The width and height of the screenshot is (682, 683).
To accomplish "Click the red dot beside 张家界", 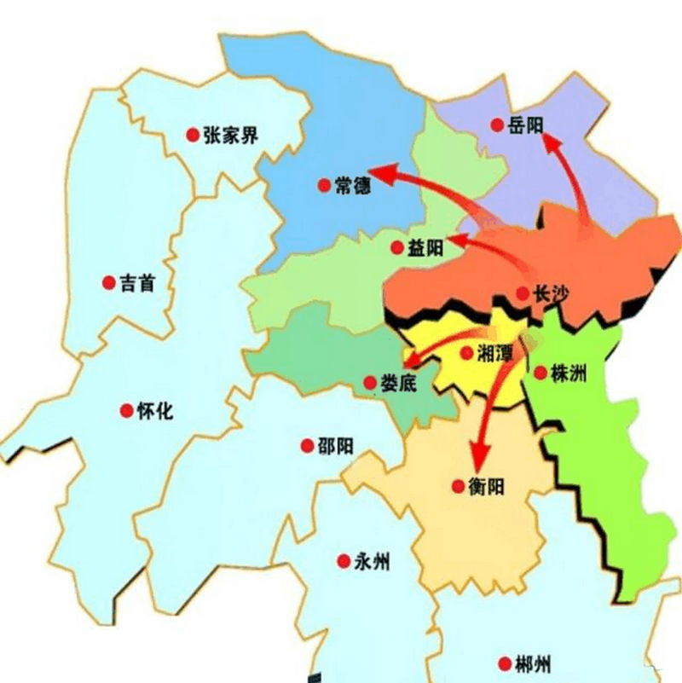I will click(193, 135).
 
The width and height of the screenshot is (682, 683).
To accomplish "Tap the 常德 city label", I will click(352, 184).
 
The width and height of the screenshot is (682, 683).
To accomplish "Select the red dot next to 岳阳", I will click(497, 125).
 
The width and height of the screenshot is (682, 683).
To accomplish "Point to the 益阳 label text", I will click(426, 248).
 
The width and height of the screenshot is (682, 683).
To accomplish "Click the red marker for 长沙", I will click(522, 293).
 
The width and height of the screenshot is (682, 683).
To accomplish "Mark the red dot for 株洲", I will click(540, 372).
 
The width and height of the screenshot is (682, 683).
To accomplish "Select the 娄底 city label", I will click(397, 383).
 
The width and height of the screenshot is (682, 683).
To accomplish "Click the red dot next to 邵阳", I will click(307, 445).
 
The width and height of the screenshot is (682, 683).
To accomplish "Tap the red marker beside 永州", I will click(344, 561).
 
